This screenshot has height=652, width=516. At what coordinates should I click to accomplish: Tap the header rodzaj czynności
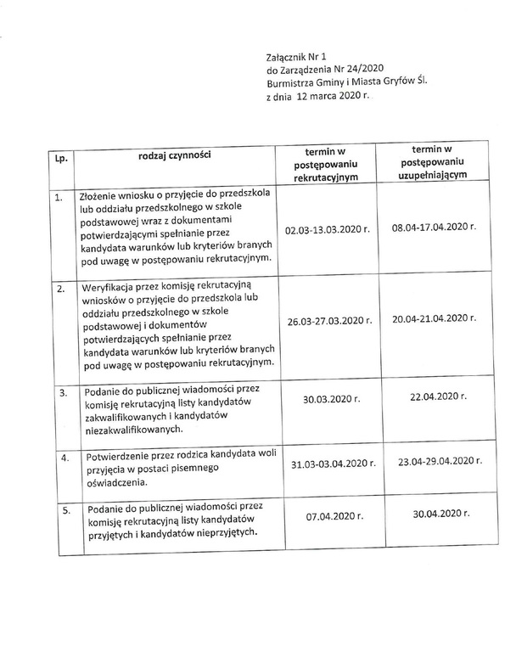tap(172, 155)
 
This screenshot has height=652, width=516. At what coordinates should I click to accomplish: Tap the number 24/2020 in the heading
tap(362, 70)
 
